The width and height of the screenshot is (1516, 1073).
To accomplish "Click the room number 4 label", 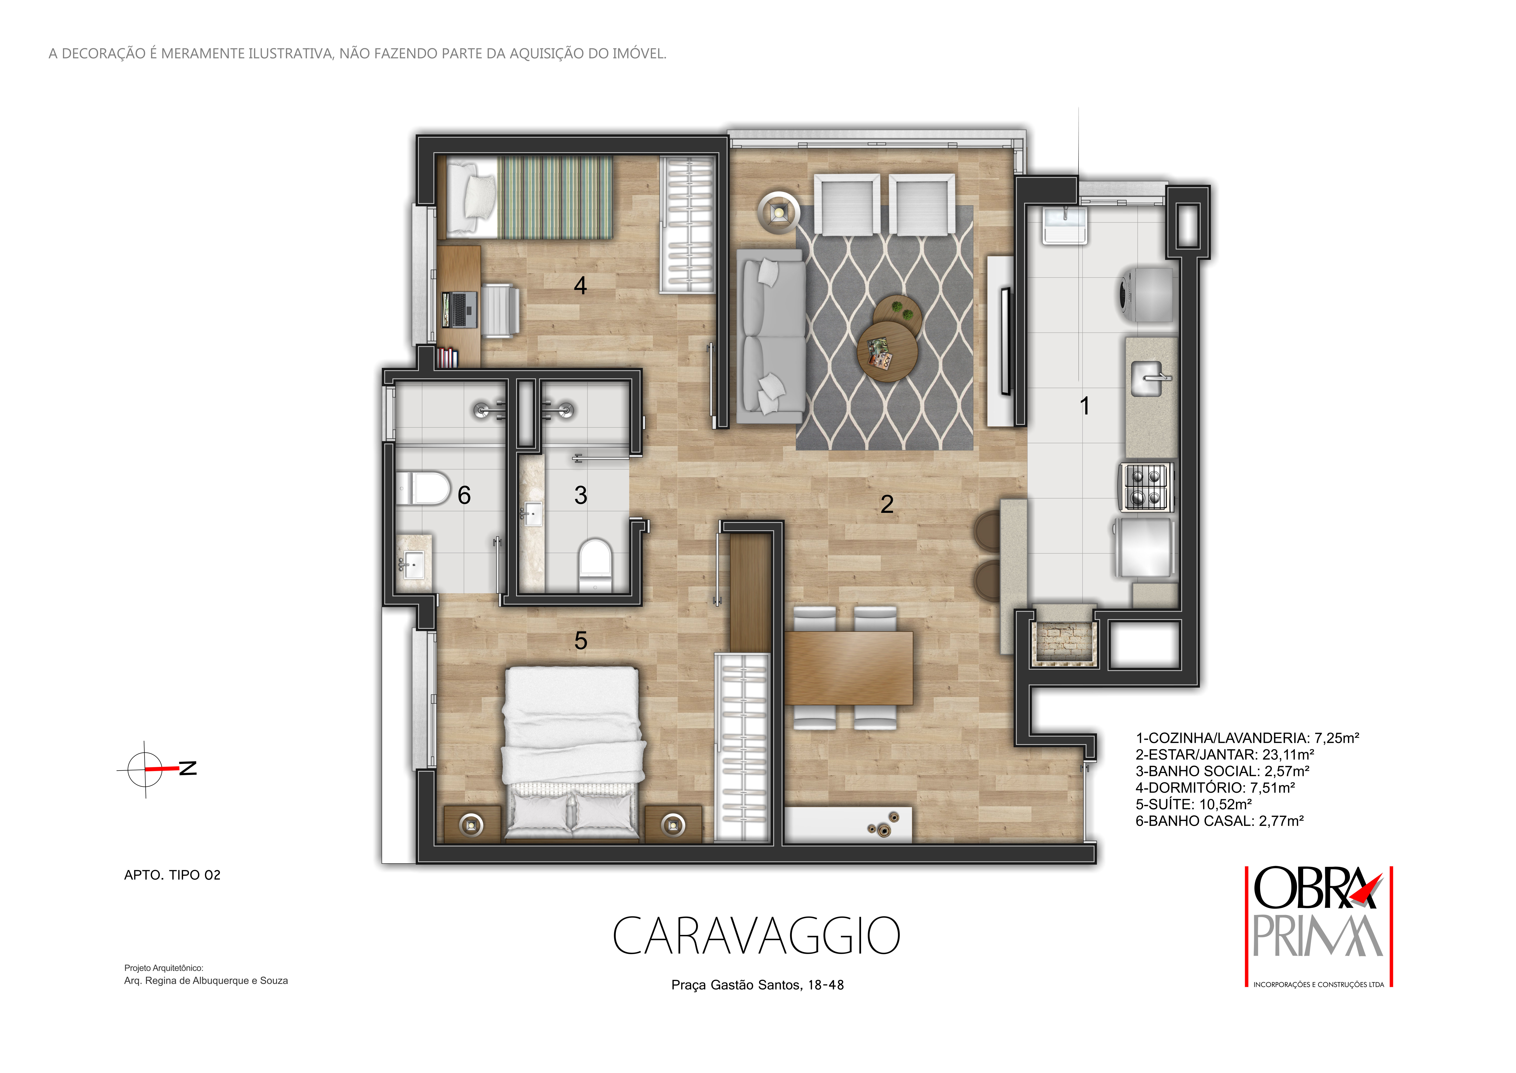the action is [x=580, y=285].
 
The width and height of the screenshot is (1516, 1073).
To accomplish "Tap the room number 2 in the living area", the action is [x=887, y=504].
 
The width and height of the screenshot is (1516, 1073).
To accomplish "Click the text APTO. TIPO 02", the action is [x=172, y=875].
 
